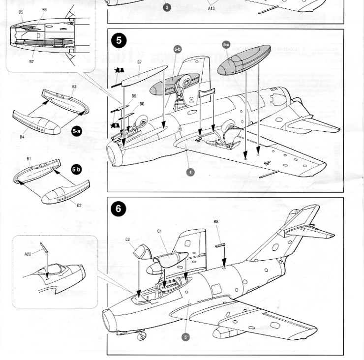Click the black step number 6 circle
pos(118,209)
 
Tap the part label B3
pos(74,87)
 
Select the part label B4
pos(22,137)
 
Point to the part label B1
pos(29,159)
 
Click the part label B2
pos(79,205)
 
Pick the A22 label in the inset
pos(28,254)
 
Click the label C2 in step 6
pos(127,240)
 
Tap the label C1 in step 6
pos(159,231)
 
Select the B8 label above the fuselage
pos(216,222)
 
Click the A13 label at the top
pos(212,8)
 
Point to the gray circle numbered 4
pos(190,172)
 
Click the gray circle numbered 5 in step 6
pos(185,337)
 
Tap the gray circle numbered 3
pos(167,7)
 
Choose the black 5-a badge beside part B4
pos(76,131)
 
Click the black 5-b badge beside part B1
pos(76,169)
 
